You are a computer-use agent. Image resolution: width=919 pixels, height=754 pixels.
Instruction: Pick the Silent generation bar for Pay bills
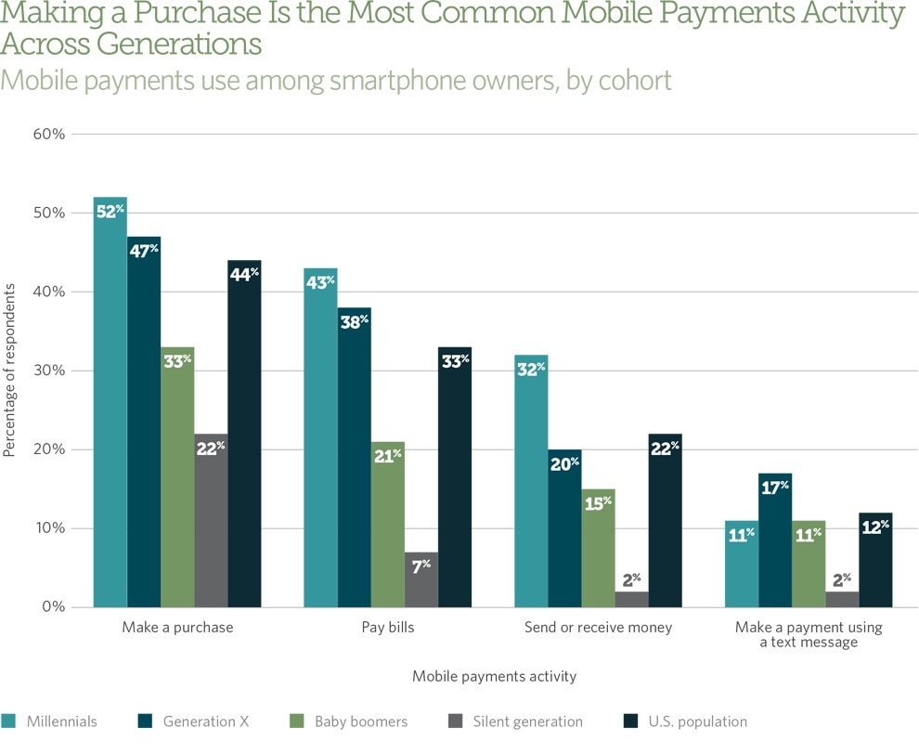(x=421, y=579)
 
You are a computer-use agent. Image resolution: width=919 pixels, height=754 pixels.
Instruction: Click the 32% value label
(x=532, y=368)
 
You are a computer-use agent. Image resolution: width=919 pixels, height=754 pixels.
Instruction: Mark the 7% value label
(x=421, y=565)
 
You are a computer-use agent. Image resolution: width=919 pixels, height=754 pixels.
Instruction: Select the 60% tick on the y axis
(x=48, y=134)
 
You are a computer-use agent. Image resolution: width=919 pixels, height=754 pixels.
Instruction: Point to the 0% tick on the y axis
(x=52, y=607)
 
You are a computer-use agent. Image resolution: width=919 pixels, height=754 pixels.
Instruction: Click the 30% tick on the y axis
(x=48, y=370)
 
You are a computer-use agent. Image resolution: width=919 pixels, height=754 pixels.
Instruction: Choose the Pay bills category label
(x=388, y=628)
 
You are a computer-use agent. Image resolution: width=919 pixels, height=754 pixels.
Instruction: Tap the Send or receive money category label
(x=598, y=628)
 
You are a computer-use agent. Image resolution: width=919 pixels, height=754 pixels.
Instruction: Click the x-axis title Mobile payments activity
(x=494, y=676)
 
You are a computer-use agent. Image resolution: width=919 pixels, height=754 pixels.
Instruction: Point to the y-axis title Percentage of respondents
(x=10, y=370)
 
